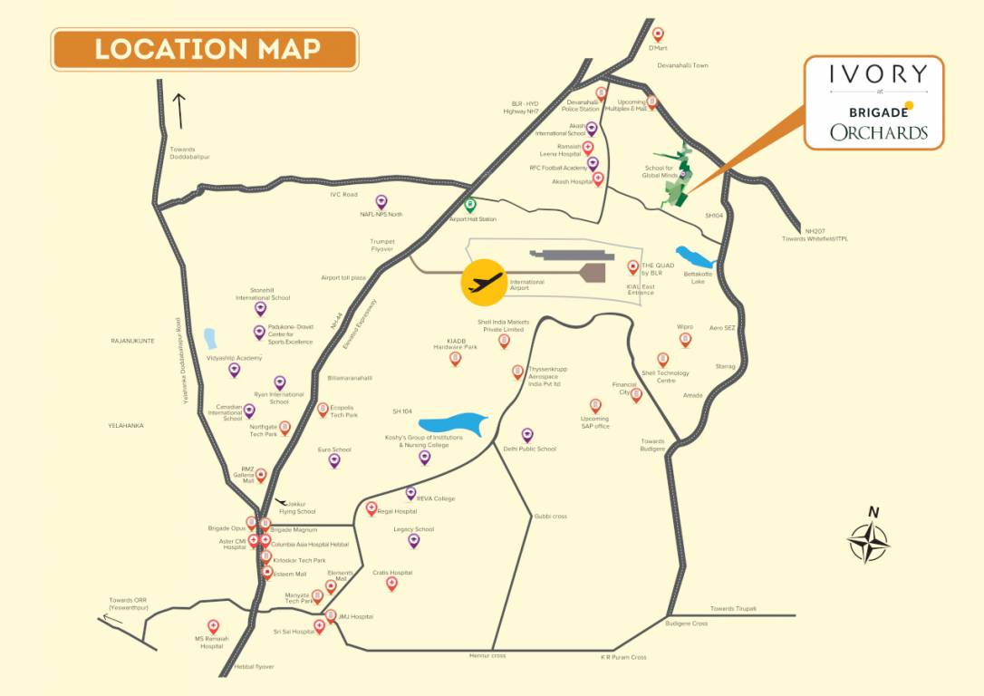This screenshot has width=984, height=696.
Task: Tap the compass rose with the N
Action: [869, 539]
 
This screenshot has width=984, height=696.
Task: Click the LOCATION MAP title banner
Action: [205, 49]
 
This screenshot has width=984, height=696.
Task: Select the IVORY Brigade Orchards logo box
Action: [874, 102]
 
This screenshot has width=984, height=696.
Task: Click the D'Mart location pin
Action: [658, 34]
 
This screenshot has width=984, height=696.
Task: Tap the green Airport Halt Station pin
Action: [470, 205]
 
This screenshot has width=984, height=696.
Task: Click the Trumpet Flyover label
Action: [382, 245]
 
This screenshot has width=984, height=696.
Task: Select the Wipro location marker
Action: [685, 339]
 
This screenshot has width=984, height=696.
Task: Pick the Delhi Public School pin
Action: [527, 435]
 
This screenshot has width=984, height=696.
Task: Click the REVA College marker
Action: [410, 494]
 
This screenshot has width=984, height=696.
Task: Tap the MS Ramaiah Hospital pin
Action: [213, 626]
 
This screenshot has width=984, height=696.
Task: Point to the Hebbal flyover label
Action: [254, 667]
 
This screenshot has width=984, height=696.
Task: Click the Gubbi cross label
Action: [550, 516]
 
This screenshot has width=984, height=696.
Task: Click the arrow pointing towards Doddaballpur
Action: [180, 111]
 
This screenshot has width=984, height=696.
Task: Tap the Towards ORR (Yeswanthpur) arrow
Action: [112, 619]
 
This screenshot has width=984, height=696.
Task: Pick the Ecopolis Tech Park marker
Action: [323, 410]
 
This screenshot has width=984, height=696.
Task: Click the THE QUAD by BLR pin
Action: [633, 267]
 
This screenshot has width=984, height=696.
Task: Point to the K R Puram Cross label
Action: [623, 657]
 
